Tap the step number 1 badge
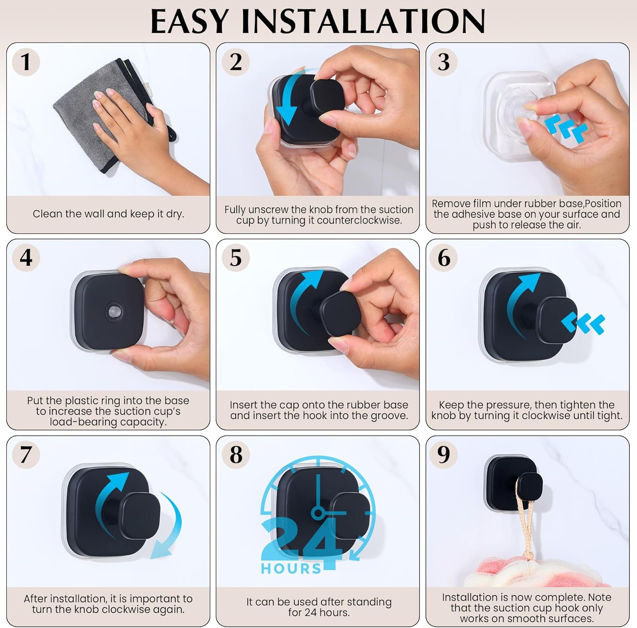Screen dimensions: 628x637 26,62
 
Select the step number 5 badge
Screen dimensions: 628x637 236,258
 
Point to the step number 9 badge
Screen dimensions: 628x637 444,454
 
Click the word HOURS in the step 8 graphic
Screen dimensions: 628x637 291,569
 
